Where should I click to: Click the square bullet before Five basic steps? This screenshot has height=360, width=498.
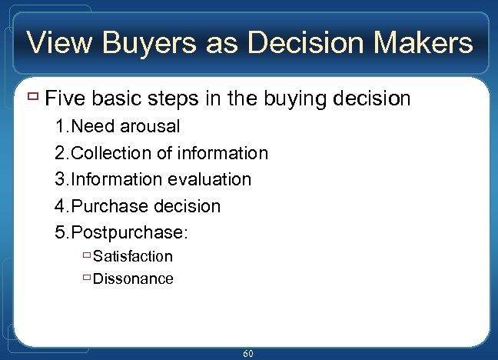click(x=33, y=97)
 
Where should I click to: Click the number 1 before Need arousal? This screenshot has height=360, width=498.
click(x=60, y=126)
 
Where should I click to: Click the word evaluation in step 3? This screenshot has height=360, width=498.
click(x=208, y=179)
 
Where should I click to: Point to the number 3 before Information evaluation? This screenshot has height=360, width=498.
click(x=60, y=179)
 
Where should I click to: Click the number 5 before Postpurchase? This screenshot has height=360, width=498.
click(x=60, y=233)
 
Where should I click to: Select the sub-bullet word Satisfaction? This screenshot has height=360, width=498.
click(x=132, y=256)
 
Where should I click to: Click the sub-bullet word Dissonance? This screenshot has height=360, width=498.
click(x=132, y=278)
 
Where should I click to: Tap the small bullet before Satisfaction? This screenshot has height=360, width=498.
click(x=86, y=255)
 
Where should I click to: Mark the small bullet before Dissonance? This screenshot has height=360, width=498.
click(x=86, y=277)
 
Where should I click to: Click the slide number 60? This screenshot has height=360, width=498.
click(x=248, y=353)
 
